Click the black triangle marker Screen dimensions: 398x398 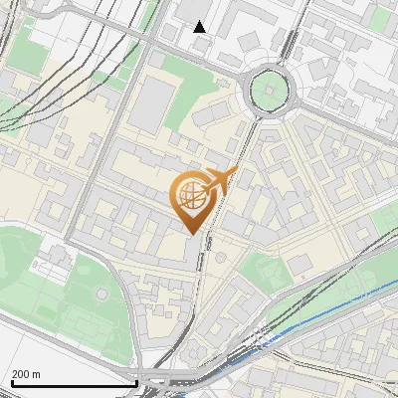pos(200,27)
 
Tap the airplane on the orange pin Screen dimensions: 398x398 pos(221,182)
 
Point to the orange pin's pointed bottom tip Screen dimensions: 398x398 pos(189,234)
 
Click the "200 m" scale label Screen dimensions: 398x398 pos(27,374)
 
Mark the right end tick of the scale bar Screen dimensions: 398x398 pos(136,381)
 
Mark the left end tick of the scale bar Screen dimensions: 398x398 pos(12,381)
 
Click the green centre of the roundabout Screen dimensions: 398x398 pos(270,92)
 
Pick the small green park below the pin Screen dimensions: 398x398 pos(261,267)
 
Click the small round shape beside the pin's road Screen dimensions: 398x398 pos(220,257)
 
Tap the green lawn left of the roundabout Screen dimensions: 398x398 pos(189,75)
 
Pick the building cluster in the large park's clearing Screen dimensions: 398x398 pos(50,264)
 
